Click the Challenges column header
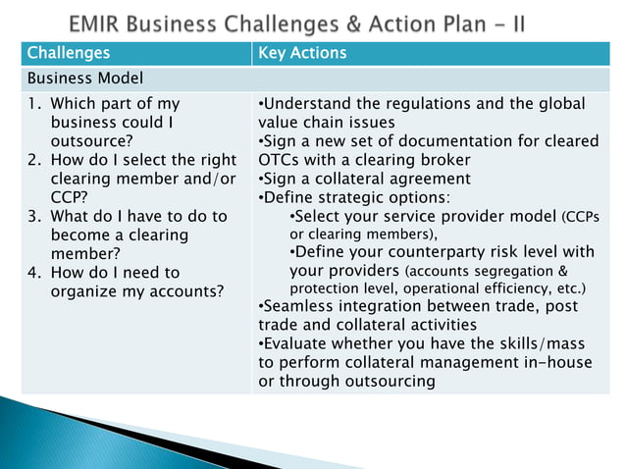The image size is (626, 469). (69, 53)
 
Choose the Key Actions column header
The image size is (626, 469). (302, 53)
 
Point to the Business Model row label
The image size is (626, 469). (85, 78)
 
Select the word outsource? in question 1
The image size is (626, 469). (93, 141)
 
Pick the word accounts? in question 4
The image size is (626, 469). (185, 291)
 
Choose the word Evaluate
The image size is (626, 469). (295, 344)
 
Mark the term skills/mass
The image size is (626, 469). (531, 344)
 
